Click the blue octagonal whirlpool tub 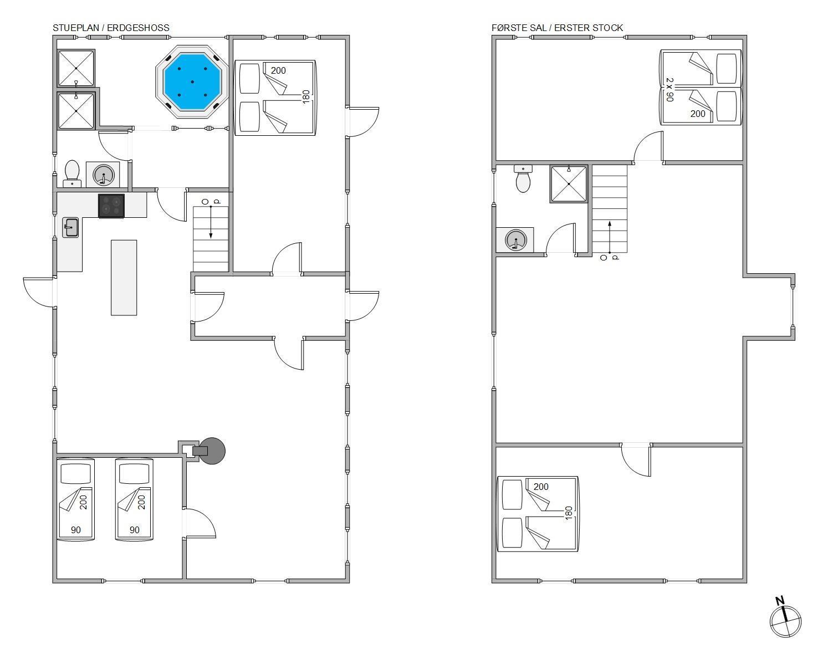(x=192, y=82)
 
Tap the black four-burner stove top (x=111, y=206)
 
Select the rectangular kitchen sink (x=70, y=228)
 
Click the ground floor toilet (x=72, y=173)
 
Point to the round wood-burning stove (x=212, y=451)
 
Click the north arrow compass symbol (x=785, y=621)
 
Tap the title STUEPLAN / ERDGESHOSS (x=111, y=28)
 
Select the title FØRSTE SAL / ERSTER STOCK (x=557, y=28)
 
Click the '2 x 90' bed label (x=669, y=89)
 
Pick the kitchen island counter (x=124, y=278)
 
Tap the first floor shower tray (x=569, y=184)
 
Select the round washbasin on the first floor (x=516, y=241)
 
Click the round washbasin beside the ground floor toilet (x=104, y=175)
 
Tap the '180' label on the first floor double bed (x=569, y=513)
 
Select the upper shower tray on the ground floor (x=76, y=68)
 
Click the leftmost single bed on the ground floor (x=76, y=499)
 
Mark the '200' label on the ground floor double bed (x=278, y=70)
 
